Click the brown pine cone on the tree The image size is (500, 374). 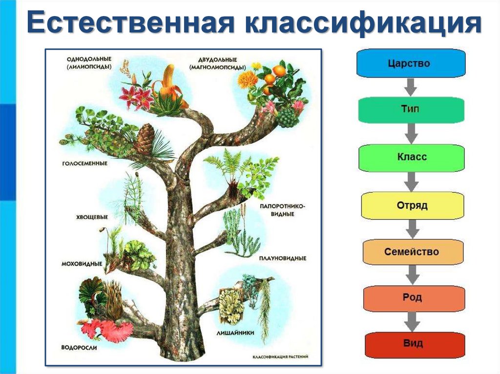(145, 138)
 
